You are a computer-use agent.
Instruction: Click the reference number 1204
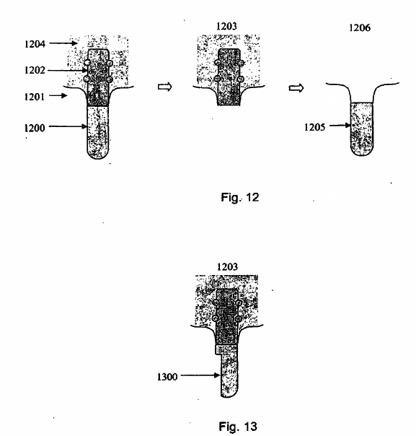click(35, 44)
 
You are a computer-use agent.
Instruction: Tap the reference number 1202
click(35, 70)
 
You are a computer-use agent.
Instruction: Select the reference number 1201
click(35, 97)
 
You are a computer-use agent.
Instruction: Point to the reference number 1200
click(35, 128)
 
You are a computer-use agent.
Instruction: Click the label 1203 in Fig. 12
click(226, 26)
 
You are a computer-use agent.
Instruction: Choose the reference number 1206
click(360, 27)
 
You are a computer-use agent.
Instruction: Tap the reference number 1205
click(314, 127)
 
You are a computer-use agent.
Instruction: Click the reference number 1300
click(167, 377)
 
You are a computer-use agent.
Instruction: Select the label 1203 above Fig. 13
click(227, 266)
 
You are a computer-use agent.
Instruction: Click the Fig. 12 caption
click(240, 197)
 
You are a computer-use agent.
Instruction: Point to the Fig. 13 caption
click(238, 426)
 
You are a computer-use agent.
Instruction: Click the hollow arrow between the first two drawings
click(165, 87)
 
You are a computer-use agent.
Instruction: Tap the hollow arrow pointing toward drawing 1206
click(296, 88)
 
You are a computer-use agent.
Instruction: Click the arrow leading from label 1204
click(63, 43)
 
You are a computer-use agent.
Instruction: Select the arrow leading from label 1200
click(68, 126)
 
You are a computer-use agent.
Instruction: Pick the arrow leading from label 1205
click(340, 125)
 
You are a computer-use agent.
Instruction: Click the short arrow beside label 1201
click(58, 95)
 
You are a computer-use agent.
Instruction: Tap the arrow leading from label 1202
click(68, 70)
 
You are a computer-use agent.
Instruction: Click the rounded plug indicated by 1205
click(362, 129)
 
